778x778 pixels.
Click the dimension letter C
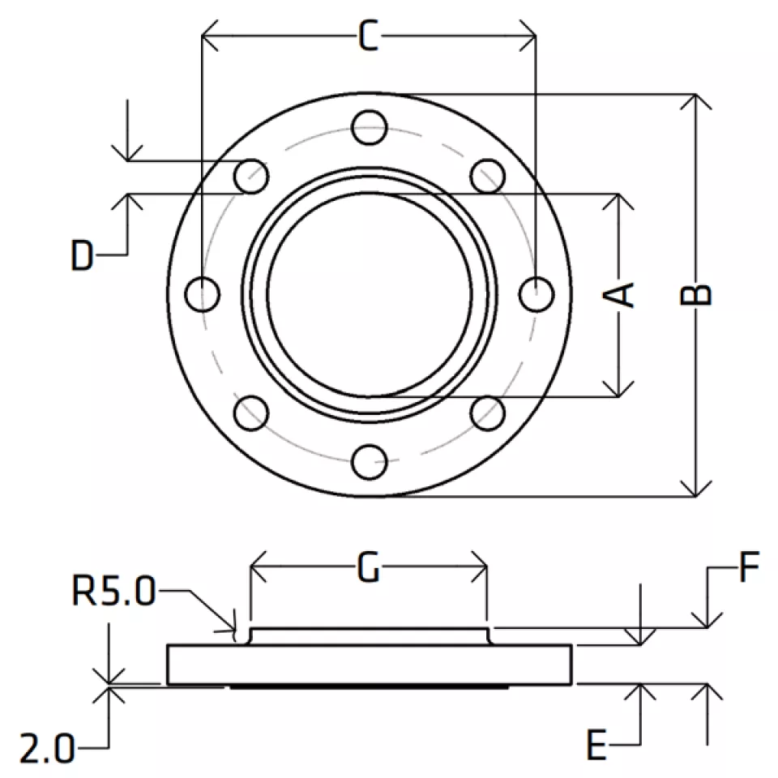tap(369, 36)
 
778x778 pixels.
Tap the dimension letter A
tap(618, 295)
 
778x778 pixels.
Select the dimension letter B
tap(695, 295)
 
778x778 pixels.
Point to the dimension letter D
tap(83, 255)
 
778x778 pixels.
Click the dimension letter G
tap(369, 567)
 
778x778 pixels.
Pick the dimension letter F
tap(749, 566)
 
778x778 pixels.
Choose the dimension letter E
tap(596, 745)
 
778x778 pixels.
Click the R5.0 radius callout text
tap(114, 591)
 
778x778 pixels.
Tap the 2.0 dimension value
tap(47, 748)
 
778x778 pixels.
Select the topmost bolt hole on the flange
tap(370, 127)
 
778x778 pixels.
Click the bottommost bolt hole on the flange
tap(370, 462)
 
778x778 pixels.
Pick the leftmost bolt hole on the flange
tap(202, 295)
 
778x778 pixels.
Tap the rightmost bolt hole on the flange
tap(536, 295)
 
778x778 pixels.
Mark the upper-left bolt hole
tap(251, 176)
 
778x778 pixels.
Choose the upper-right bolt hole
tap(488, 176)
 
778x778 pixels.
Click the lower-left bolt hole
tap(251, 413)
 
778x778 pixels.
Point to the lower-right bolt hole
tap(488, 413)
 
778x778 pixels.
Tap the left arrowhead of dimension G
tap(251, 566)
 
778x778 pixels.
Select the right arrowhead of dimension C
tap(536, 36)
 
